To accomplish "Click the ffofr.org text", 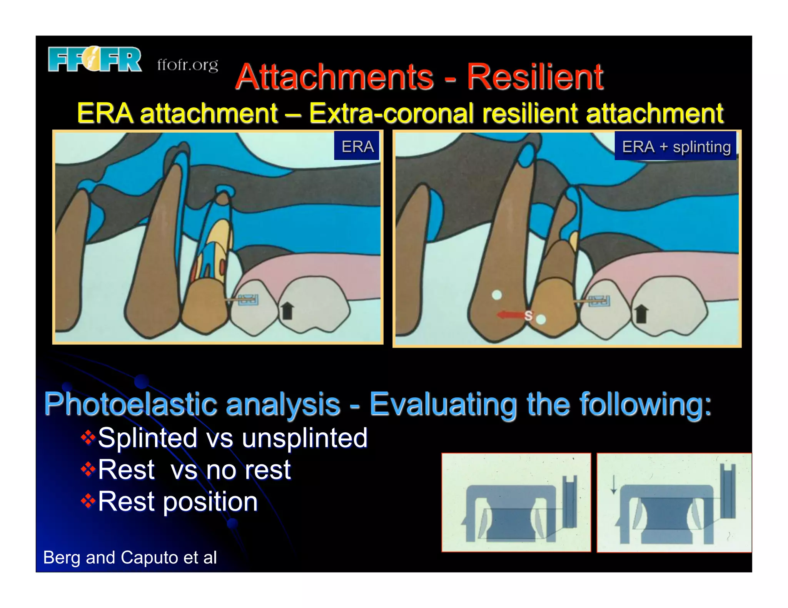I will pyautogui.click(x=187, y=65).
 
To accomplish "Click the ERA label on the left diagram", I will pyautogui.click(x=357, y=146).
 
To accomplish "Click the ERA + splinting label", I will pyautogui.click(x=676, y=146).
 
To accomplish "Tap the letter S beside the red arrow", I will pyautogui.click(x=529, y=316).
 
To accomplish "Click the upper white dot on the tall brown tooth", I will pyautogui.click(x=497, y=295).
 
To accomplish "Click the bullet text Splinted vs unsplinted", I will pyautogui.click(x=232, y=438).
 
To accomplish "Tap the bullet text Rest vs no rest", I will pyautogui.click(x=194, y=470).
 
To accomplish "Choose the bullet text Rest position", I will pyautogui.click(x=177, y=502).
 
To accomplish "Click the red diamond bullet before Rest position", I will pyautogui.click(x=88, y=501).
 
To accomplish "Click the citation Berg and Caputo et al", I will pyautogui.click(x=130, y=557).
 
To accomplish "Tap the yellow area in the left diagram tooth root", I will pyautogui.click(x=220, y=231).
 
